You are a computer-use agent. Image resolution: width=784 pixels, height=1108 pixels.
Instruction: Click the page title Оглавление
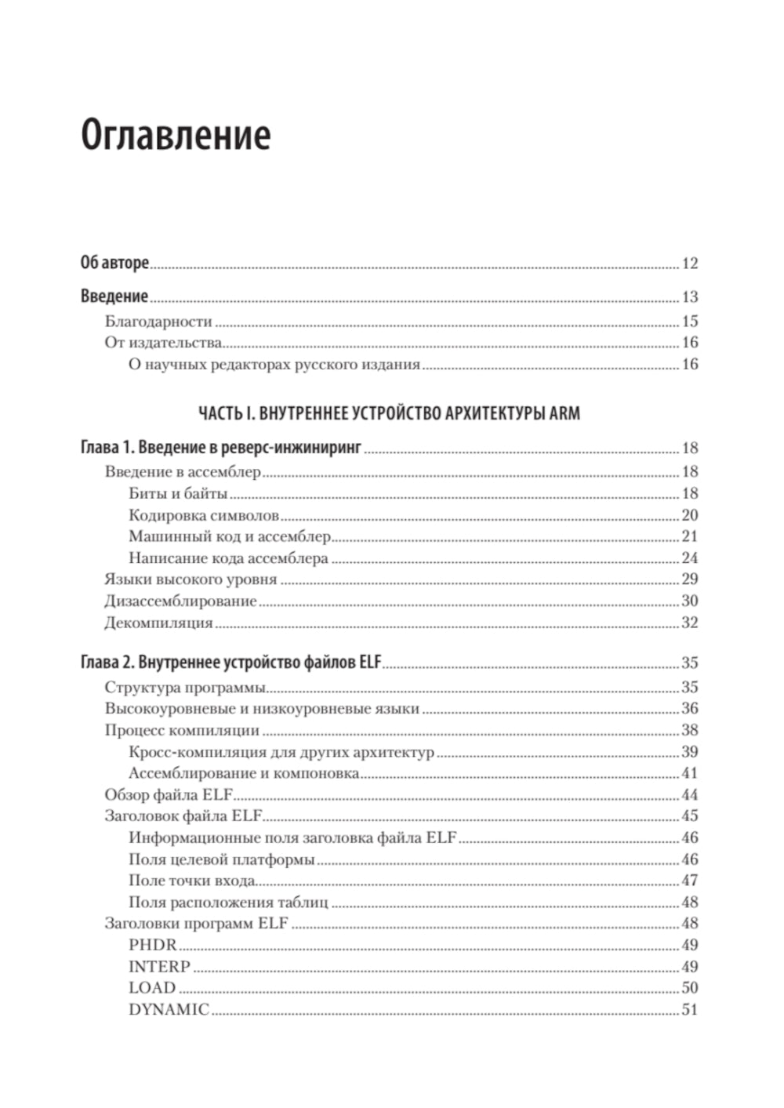point(176,135)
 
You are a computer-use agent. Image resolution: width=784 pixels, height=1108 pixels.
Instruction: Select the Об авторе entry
point(114,263)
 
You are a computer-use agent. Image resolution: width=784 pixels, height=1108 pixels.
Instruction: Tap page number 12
point(689,263)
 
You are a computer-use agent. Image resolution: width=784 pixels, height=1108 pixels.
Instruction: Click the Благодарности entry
point(158,322)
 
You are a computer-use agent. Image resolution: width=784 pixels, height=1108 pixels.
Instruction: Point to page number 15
point(689,322)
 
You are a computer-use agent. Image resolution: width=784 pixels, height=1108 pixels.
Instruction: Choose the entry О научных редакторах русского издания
point(274,365)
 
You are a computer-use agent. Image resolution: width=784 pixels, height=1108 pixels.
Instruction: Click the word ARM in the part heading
point(564,413)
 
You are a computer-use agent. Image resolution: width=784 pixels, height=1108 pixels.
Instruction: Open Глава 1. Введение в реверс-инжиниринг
point(221,449)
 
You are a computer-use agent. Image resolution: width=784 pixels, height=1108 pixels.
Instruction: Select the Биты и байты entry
point(178,494)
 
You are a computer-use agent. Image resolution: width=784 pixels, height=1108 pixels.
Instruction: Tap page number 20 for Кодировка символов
point(689,515)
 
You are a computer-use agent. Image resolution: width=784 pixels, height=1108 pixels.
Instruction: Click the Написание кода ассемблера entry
point(228,558)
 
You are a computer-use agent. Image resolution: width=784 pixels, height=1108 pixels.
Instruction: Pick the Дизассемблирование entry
point(180,601)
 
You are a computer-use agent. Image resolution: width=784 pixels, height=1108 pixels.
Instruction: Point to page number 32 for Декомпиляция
point(689,623)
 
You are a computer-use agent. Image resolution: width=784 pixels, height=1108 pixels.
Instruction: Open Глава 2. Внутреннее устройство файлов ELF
point(230,663)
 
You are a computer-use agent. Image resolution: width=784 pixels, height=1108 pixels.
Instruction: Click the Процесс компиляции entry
point(182,730)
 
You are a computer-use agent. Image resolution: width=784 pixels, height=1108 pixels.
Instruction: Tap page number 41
point(689,773)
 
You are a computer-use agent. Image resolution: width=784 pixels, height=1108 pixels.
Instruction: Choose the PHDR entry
point(153,945)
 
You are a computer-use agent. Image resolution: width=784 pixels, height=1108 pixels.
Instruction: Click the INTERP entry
point(159,967)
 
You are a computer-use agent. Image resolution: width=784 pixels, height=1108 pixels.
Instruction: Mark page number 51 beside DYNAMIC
point(689,1010)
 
